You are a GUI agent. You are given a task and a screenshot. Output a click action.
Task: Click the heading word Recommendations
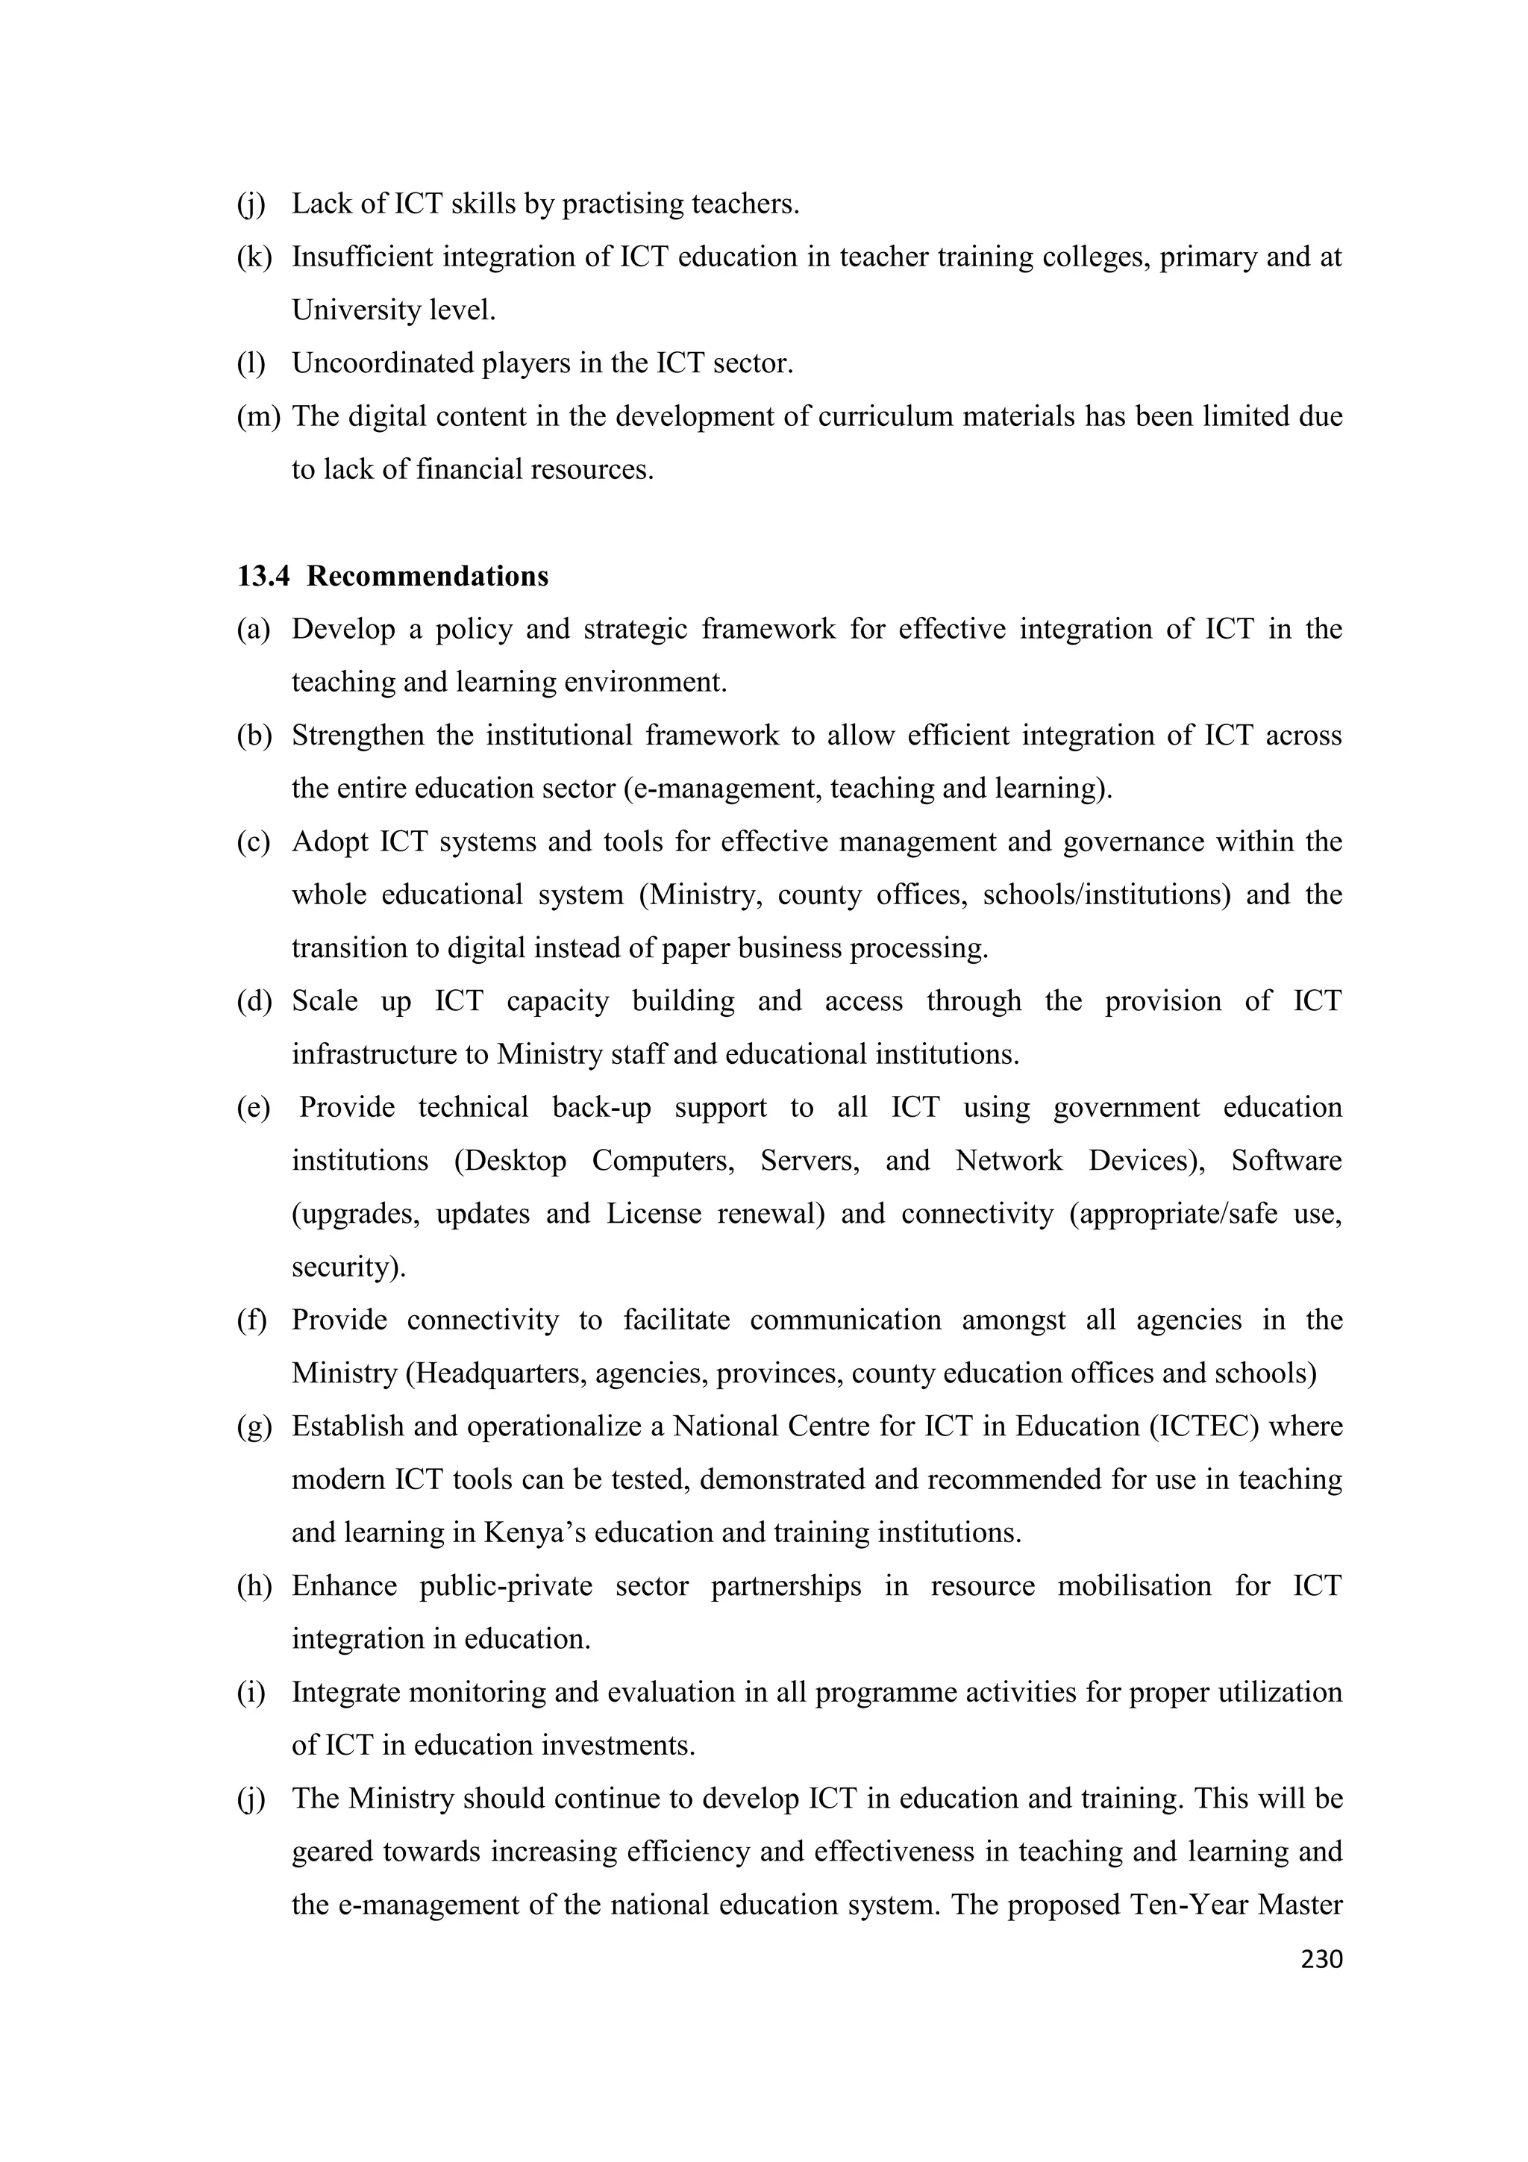[428, 576]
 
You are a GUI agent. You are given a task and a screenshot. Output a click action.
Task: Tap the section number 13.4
[263, 576]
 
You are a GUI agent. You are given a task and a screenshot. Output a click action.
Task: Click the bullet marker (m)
[258, 416]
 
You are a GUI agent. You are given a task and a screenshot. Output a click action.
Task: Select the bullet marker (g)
[254, 1426]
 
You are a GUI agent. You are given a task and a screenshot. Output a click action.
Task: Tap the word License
[654, 1214]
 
